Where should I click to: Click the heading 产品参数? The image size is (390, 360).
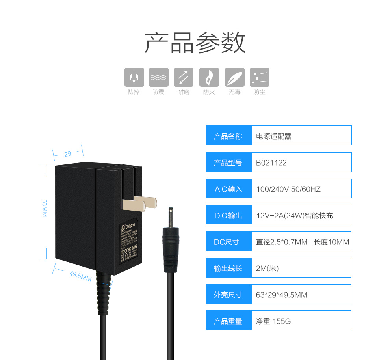[195, 43]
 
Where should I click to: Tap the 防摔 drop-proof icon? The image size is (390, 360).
[134, 77]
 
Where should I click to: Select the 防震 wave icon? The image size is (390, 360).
[159, 77]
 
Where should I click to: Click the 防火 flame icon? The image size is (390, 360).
[209, 77]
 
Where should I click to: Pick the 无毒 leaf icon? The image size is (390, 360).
[234, 77]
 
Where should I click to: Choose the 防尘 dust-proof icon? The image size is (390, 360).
[260, 77]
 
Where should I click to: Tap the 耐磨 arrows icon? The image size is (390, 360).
[184, 77]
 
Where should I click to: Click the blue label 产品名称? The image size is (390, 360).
[228, 136]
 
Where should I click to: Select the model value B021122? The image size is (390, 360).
[271, 163]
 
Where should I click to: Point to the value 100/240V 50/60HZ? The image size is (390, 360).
[288, 189]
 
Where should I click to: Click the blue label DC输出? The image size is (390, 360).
[228, 216]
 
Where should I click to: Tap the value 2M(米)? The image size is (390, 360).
[267, 269]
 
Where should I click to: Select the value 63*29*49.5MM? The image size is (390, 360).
[282, 295]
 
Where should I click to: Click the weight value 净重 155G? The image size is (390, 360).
[273, 321]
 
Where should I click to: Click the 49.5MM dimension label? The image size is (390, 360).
[80, 276]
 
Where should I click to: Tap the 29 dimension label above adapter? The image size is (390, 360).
[67, 154]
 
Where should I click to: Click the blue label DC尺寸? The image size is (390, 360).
[227, 242]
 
